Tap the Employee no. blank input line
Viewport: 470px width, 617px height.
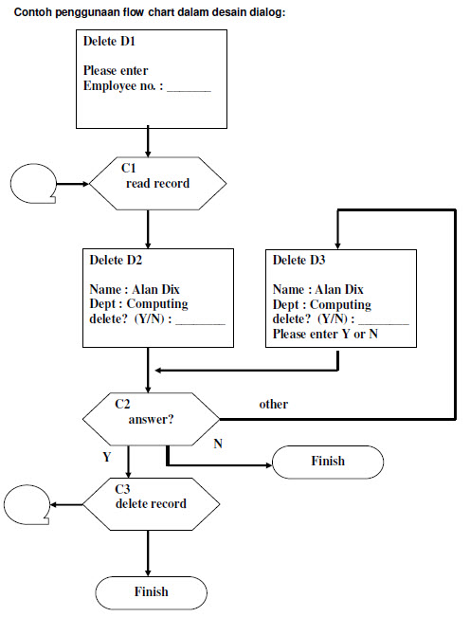coord(189,88)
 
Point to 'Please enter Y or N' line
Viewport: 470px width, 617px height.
coord(325,335)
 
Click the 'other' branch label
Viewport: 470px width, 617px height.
coord(273,405)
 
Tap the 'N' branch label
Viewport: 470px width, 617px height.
coord(218,445)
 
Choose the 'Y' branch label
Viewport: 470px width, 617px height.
coord(107,456)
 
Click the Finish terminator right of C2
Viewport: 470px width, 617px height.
coord(328,462)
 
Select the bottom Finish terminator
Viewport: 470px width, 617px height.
coord(151,591)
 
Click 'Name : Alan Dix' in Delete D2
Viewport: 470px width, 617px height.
coord(132,290)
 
